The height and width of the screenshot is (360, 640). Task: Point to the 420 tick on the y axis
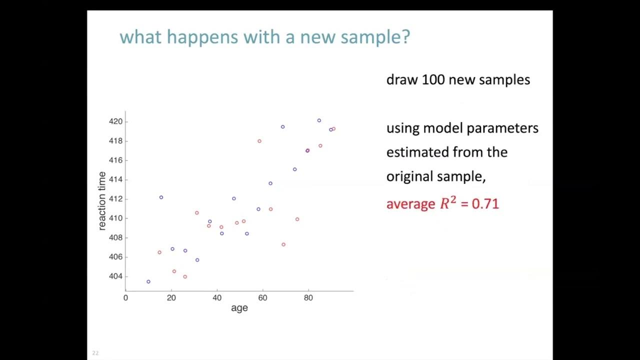[x=115, y=121]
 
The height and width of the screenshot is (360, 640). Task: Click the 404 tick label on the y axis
[x=115, y=276]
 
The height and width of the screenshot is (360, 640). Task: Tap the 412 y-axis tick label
[x=115, y=199]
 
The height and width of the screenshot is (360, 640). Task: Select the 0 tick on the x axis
[x=125, y=298]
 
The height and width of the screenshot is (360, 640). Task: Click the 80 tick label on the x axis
[x=308, y=298]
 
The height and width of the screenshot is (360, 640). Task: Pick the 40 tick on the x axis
[x=217, y=298]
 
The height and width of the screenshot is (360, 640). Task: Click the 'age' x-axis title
[x=239, y=308]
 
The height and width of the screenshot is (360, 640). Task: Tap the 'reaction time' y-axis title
[x=102, y=201]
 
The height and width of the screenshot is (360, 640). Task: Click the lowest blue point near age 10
[x=148, y=281]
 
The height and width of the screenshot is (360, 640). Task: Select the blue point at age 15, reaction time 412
[x=161, y=197]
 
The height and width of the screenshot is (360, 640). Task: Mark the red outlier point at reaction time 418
[x=259, y=141]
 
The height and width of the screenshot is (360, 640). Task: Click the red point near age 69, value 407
[x=283, y=244]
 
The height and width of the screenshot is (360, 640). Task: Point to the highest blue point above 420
[x=319, y=120]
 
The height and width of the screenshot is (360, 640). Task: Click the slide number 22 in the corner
[x=95, y=353]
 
